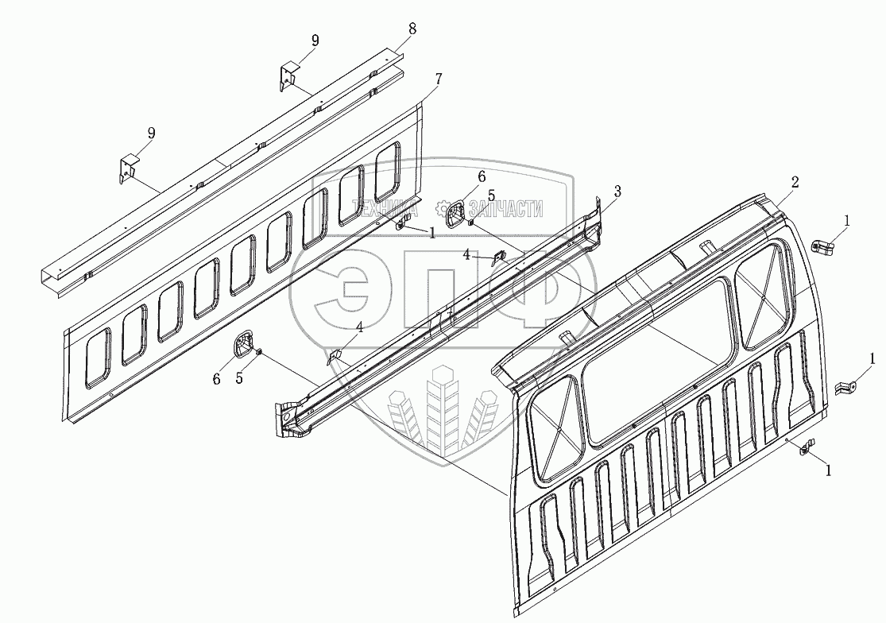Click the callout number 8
[x=412, y=29]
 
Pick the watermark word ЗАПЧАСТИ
[x=506, y=209]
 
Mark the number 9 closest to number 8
[x=315, y=41]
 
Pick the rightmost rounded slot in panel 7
[x=388, y=171]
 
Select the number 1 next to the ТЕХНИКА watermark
[x=431, y=233]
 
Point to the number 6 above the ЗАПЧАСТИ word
[x=482, y=176]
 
